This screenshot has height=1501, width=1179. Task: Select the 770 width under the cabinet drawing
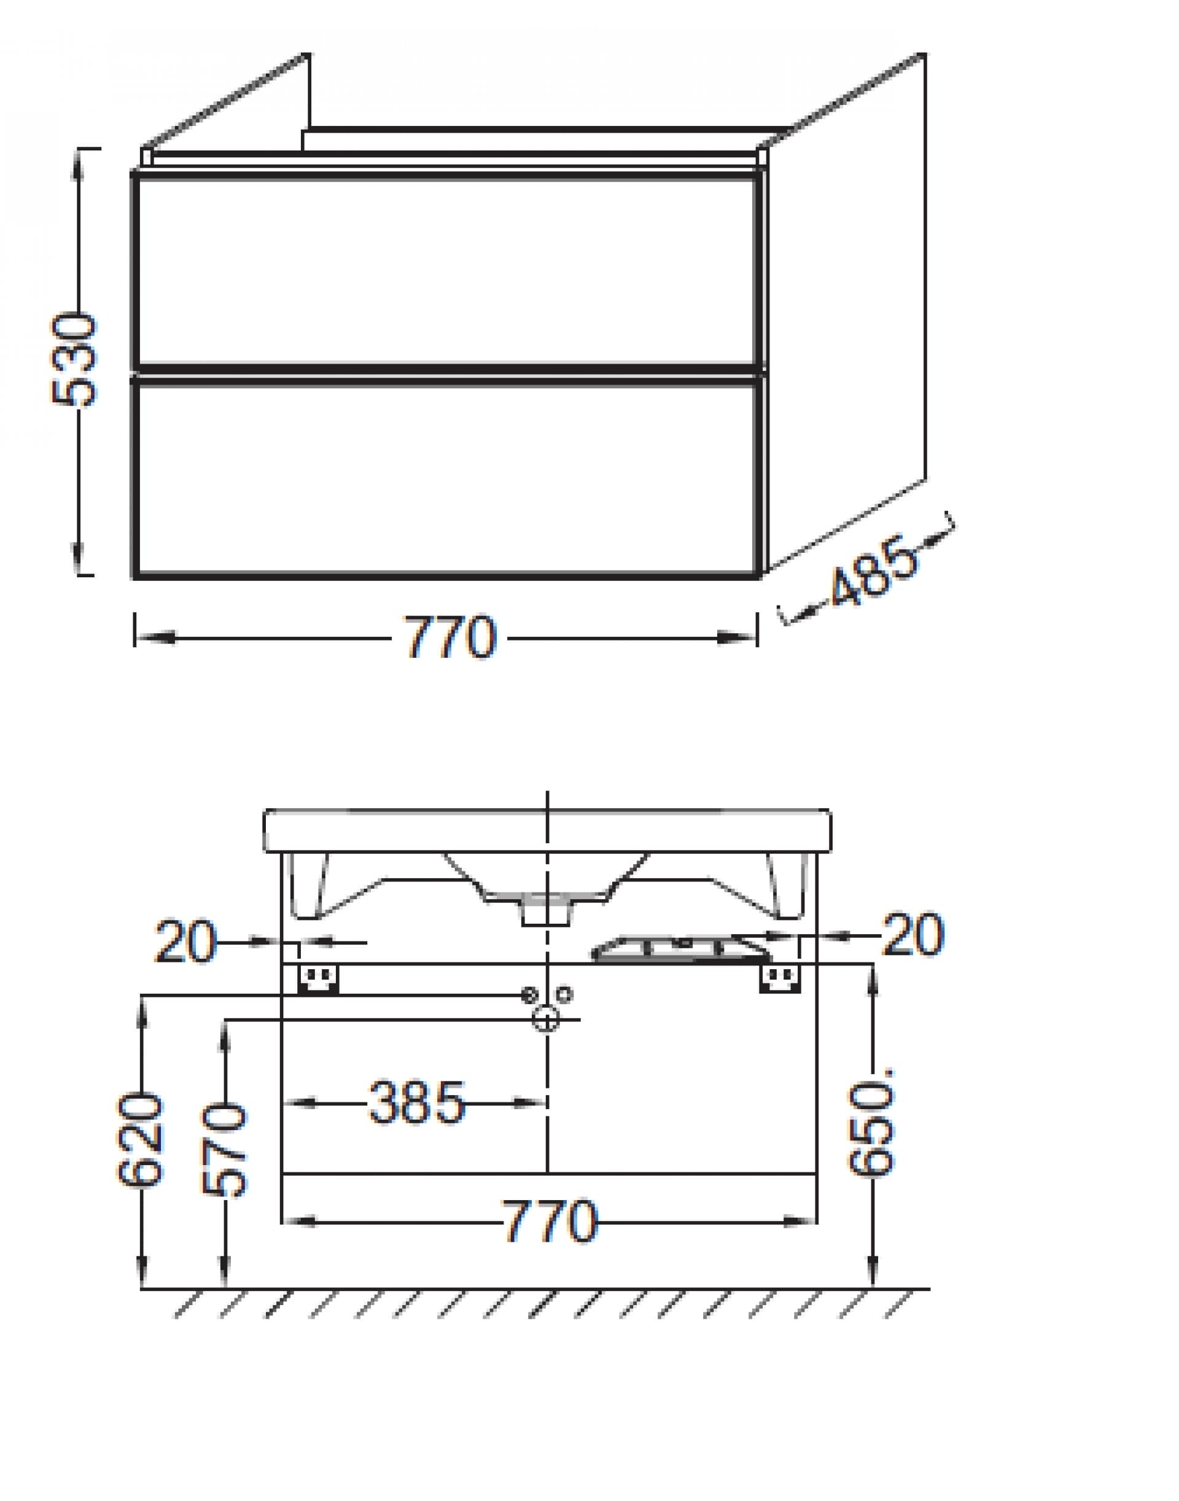[x=451, y=637]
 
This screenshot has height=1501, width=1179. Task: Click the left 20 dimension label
[x=185, y=942]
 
